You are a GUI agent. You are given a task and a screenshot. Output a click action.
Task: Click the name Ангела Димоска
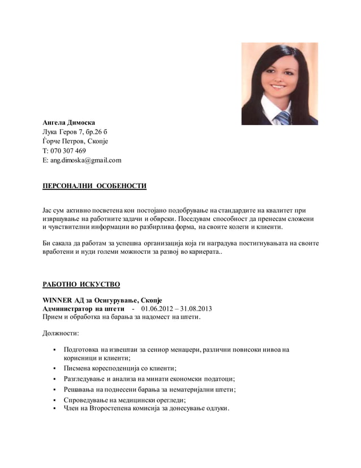pos(69,122)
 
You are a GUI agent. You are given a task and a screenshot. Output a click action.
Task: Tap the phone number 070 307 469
pos(68,151)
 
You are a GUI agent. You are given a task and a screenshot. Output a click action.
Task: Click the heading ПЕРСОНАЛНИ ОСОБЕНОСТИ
pos(94,186)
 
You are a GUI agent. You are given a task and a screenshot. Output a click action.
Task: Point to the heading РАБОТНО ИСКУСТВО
pos(81,284)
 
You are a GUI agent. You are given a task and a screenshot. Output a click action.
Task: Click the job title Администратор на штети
pos(84,309)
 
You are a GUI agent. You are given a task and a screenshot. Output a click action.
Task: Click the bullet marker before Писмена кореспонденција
pos(53,368)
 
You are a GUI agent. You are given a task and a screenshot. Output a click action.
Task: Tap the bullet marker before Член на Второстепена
pos(53,409)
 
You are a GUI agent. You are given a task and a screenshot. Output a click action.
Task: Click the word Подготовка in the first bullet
pos(81,350)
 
